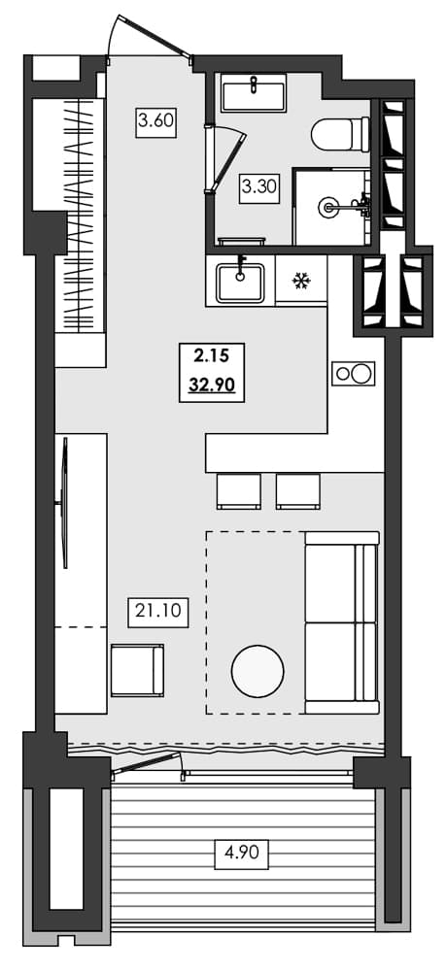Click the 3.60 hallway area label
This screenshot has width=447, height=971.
tap(155, 122)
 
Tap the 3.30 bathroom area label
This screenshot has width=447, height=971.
tap(259, 186)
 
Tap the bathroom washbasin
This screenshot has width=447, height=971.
tap(253, 96)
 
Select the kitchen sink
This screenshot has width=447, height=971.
tap(240, 282)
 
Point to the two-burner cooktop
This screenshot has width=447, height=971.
tap(353, 373)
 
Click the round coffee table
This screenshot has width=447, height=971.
tap(258, 670)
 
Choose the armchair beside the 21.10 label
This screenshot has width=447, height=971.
tap(137, 670)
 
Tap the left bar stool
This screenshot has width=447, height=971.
tap(238, 490)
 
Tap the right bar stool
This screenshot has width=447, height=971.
tap(297, 490)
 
